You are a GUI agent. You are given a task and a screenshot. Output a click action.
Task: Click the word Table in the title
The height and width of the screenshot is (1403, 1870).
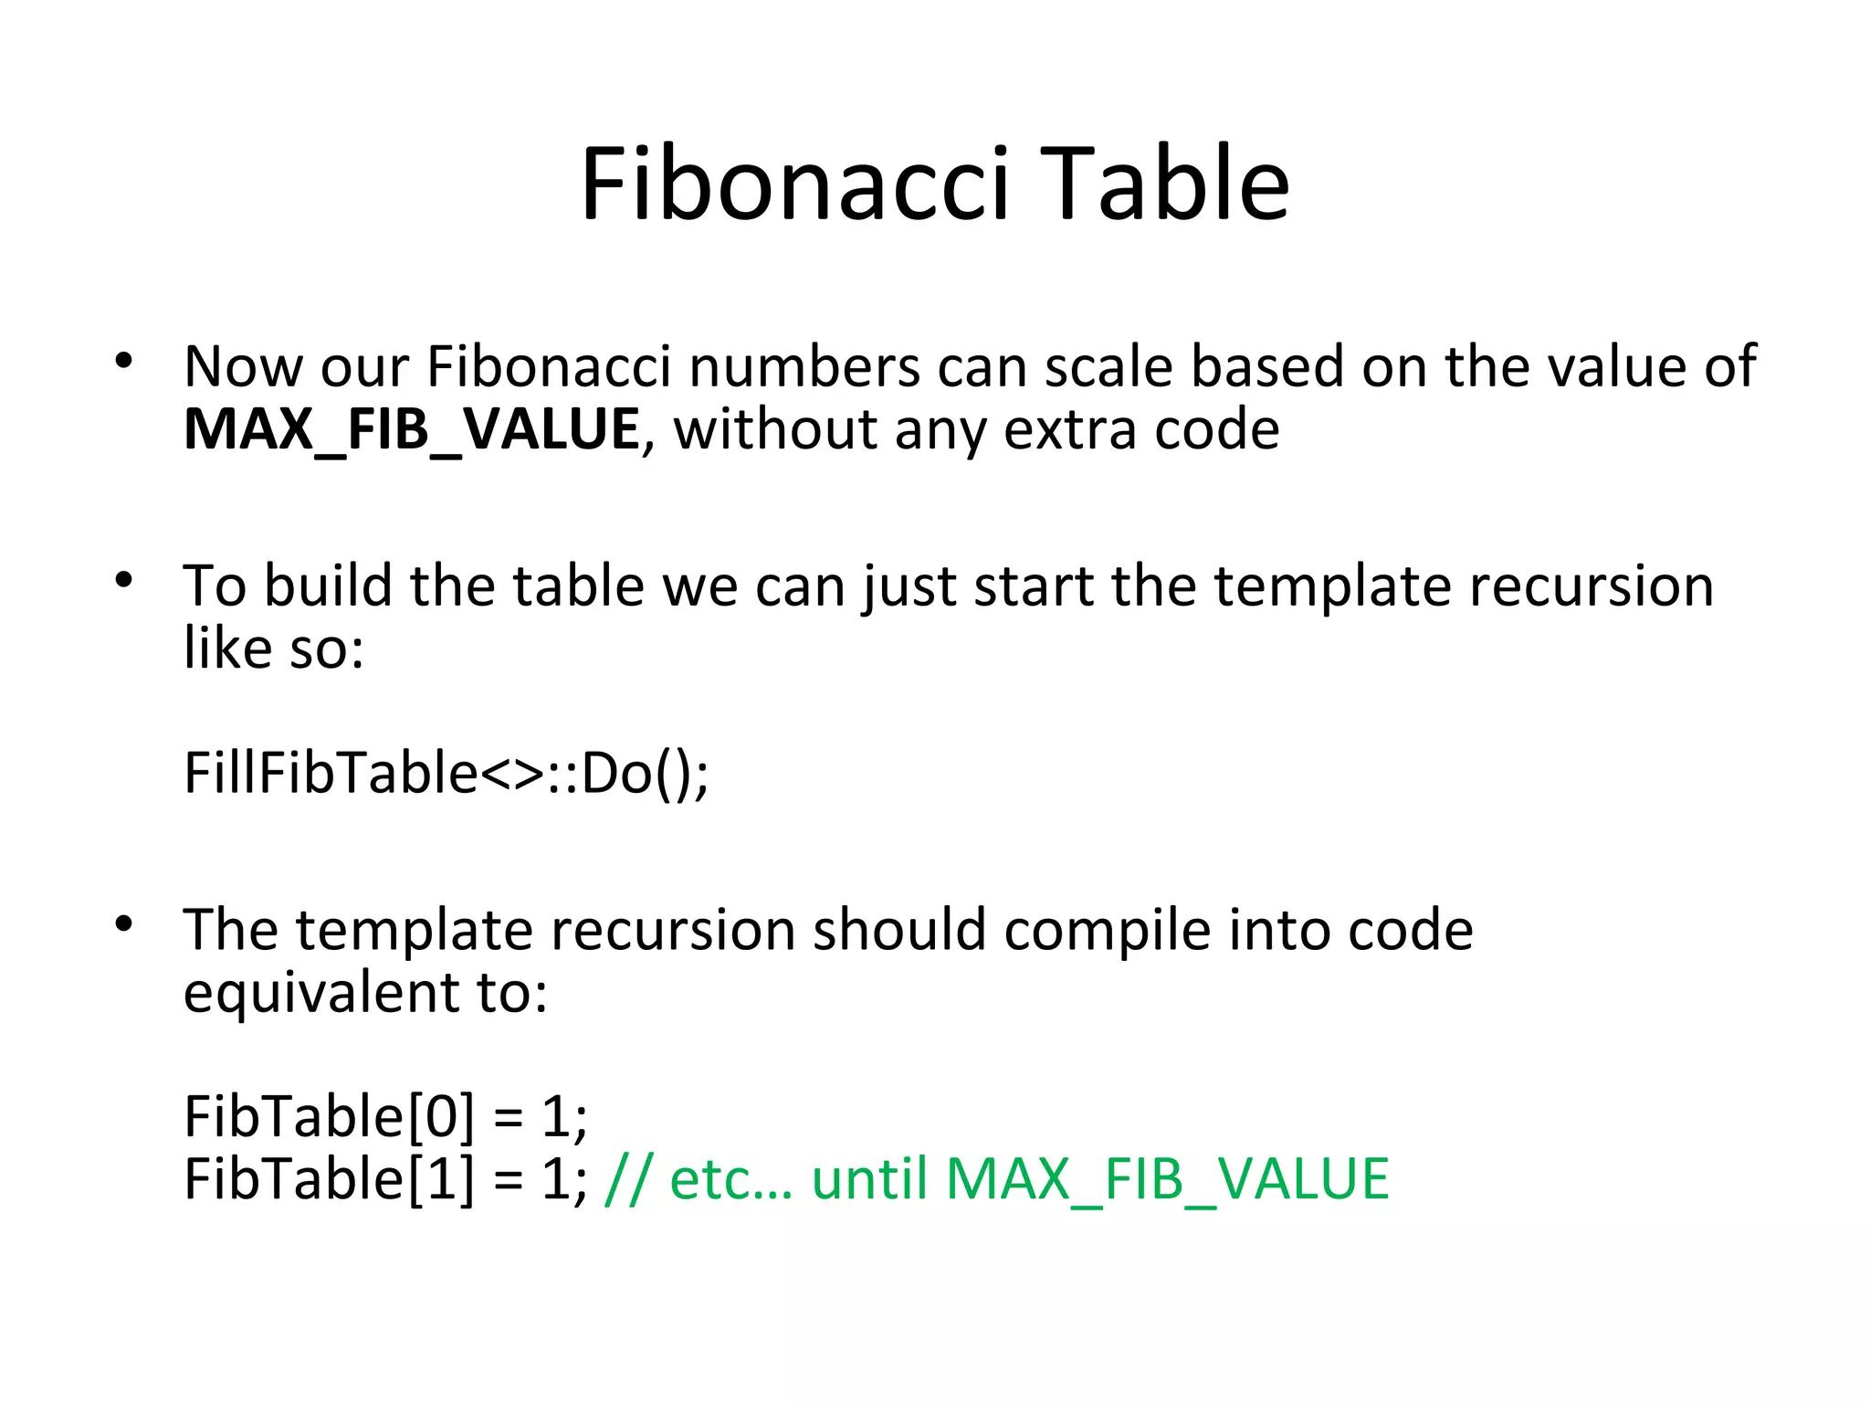click(x=1164, y=185)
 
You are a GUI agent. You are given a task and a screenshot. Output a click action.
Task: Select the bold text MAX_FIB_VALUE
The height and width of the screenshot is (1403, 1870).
click(x=412, y=429)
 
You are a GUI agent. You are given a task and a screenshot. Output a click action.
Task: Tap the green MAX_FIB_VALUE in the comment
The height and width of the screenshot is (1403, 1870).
click(x=1167, y=1179)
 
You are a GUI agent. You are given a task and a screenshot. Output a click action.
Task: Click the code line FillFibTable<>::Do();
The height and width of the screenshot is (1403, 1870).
click(x=446, y=774)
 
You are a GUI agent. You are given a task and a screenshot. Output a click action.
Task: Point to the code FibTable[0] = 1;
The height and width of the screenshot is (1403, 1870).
click(x=385, y=1116)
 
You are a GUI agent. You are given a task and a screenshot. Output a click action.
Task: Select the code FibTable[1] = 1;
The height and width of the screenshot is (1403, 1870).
click(x=385, y=1179)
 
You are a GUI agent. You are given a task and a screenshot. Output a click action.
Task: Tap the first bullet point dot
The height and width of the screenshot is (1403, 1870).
click(x=124, y=361)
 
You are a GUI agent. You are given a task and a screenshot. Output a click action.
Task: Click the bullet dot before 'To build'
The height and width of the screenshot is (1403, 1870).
click(x=124, y=579)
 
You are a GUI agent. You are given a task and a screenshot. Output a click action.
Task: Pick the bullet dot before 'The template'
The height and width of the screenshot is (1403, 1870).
click(x=124, y=923)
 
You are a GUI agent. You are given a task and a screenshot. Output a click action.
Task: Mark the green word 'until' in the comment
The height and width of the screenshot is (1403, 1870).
click(x=869, y=1179)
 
